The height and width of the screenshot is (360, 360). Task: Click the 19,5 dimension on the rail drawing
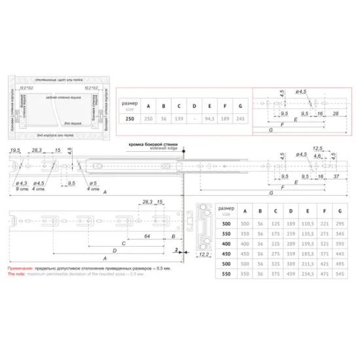[14, 151]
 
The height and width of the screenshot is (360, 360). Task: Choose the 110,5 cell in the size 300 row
[308, 223]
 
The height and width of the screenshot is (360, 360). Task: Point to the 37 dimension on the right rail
[336, 177]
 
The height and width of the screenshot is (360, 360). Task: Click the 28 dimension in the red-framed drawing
[336, 113]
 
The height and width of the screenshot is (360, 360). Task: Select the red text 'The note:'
[16, 275]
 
